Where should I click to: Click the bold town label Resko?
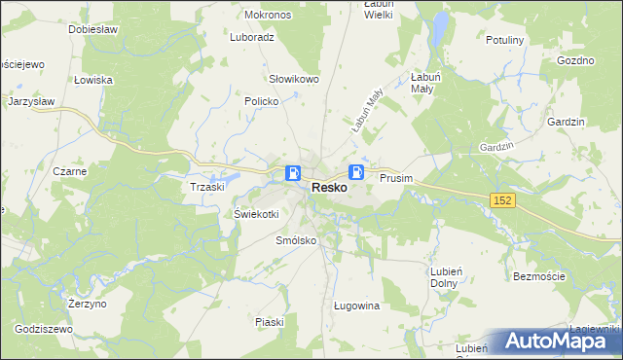(330, 188)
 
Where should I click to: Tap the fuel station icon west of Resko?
(293, 173)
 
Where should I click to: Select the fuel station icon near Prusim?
(358, 172)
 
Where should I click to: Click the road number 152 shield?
(501, 199)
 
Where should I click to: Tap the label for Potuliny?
(505, 41)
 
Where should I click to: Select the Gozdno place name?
(576, 60)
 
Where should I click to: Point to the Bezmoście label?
(538, 277)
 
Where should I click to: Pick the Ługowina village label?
(355, 306)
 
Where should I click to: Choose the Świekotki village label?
(257, 214)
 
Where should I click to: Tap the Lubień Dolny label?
(444, 277)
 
